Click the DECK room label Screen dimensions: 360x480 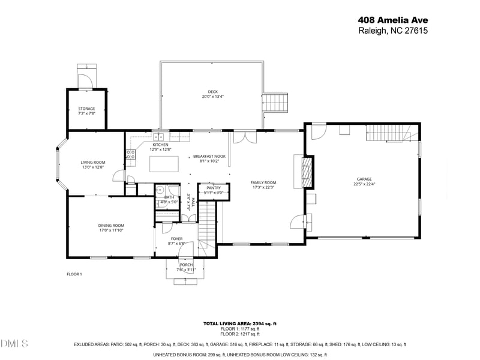(x=212, y=92)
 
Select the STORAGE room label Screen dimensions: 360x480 (x=86, y=109)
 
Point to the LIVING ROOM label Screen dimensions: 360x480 (x=93, y=162)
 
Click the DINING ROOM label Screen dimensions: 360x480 (x=111, y=226)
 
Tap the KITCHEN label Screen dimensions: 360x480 (x=160, y=145)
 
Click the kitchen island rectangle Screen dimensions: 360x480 (x=164, y=164)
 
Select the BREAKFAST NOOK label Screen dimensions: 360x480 (x=209, y=156)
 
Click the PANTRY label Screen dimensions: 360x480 (x=214, y=188)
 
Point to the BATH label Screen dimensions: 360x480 (x=169, y=197)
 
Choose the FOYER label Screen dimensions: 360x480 (x=176, y=238)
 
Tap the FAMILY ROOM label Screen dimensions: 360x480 (x=263, y=182)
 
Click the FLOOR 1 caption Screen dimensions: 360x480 (x=74, y=274)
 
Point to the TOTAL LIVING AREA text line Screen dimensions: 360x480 (x=239, y=323)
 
